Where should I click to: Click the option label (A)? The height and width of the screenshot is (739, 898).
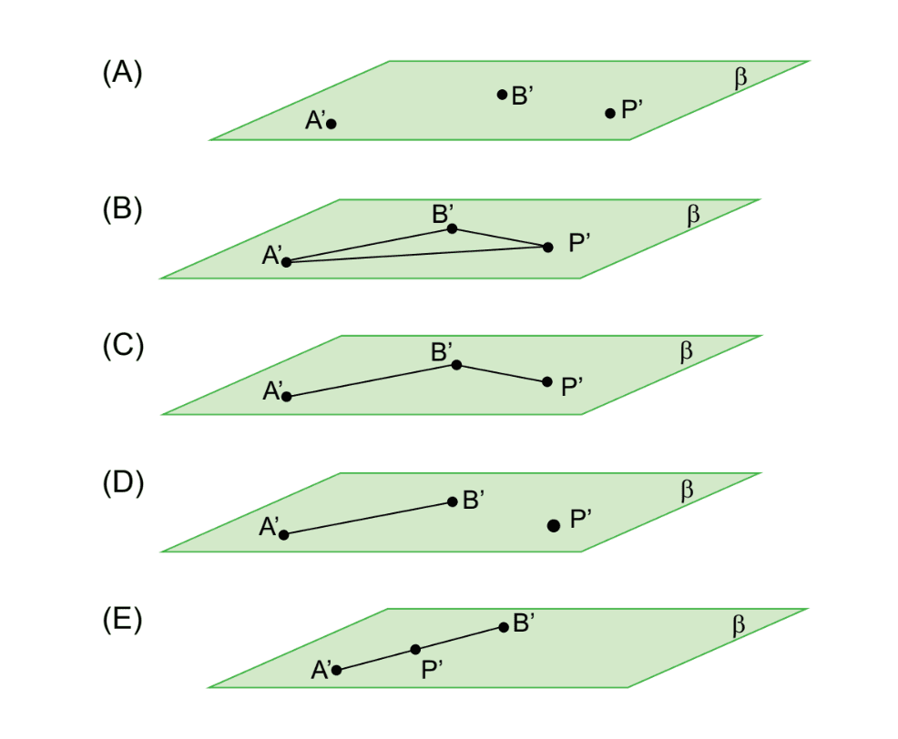122,73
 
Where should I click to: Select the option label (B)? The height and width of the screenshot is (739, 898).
122,209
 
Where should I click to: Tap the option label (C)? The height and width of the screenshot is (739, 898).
122,346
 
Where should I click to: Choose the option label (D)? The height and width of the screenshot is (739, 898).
122,482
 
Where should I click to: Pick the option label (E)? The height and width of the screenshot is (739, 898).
122,620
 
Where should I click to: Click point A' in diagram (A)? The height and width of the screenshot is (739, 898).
332,124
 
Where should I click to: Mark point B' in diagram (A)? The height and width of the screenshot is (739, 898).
502,95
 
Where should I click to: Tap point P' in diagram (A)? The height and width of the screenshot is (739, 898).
610,114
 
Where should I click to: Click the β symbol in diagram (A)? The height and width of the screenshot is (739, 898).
740,79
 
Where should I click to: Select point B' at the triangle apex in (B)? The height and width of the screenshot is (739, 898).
452,228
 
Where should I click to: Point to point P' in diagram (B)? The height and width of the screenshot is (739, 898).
547,247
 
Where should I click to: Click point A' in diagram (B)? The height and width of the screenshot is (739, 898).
286,262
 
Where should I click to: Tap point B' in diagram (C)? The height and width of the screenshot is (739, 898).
456,365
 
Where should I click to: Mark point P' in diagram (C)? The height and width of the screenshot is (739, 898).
547,382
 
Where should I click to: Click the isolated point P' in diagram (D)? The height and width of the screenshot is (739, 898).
553,525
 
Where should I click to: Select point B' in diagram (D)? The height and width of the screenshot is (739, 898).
453,501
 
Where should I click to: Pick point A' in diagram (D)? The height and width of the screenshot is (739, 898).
284,534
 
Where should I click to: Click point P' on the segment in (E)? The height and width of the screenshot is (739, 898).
415,649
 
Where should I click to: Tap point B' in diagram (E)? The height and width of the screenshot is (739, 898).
503,626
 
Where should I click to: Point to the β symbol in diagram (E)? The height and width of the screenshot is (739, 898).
739,626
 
